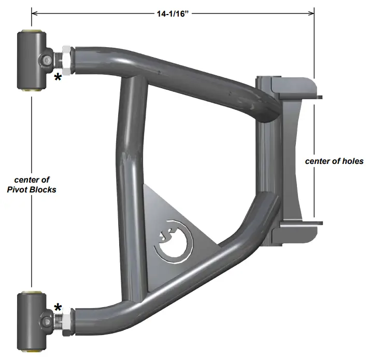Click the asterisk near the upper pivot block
(x=58, y=78)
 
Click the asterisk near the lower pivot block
(x=58, y=308)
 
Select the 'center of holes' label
(x=334, y=161)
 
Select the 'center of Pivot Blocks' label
(x=32, y=185)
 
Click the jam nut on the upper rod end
(x=67, y=58)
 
